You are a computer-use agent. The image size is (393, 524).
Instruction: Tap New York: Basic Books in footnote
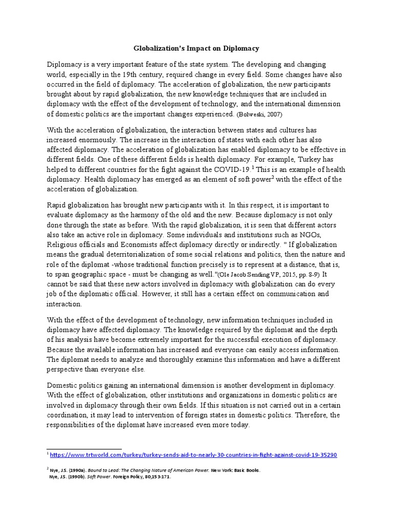236,470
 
